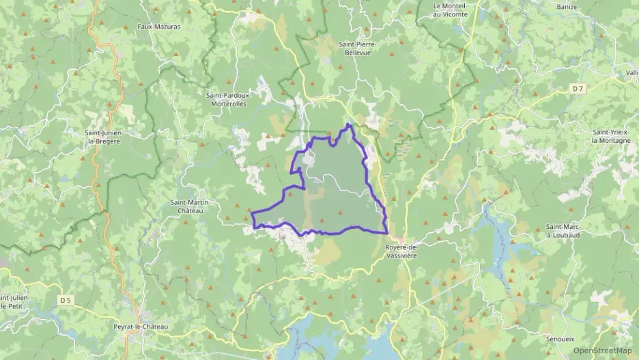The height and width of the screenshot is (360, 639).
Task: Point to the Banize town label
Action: (566, 8)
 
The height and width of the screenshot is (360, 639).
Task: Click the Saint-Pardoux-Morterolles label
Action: (229, 99)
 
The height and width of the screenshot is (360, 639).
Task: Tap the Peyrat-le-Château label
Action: (141, 327)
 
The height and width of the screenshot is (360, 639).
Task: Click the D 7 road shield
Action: (579, 88)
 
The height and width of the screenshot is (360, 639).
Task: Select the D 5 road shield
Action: (66, 300)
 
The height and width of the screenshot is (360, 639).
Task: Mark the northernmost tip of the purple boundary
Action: (349, 124)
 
